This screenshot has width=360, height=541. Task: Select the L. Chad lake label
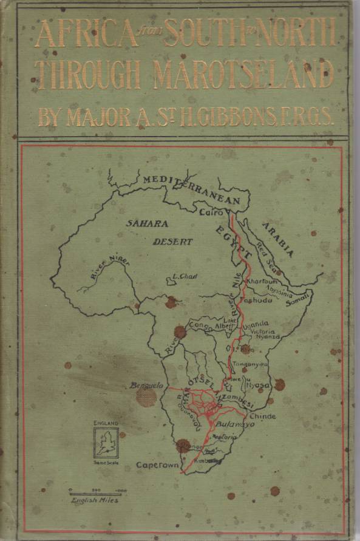[181, 277]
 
